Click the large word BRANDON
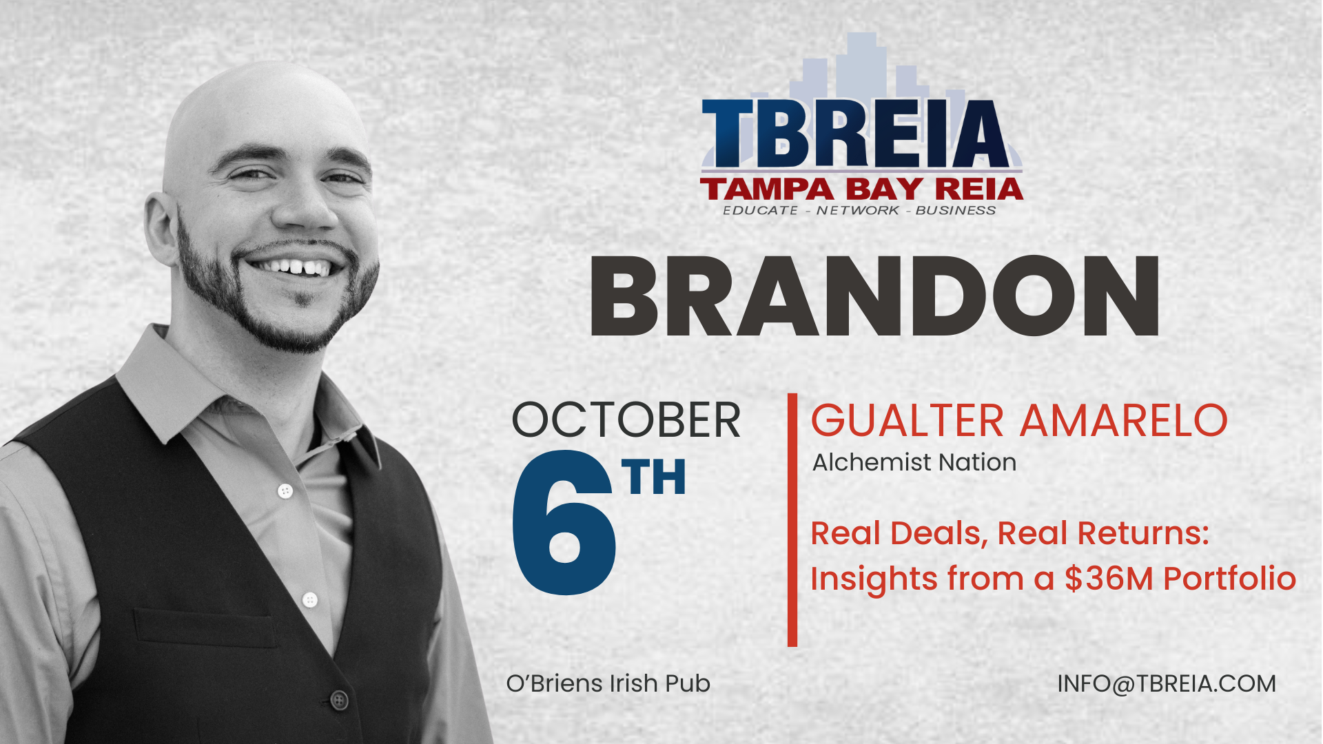(x=874, y=296)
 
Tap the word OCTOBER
(x=626, y=420)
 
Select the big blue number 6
(x=563, y=523)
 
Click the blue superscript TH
(x=653, y=477)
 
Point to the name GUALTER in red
(x=907, y=420)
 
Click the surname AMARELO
(x=1124, y=420)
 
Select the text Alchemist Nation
(x=914, y=462)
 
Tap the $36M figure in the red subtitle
(x=1109, y=578)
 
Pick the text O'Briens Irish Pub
(x=608, y=683)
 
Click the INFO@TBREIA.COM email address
(x=1167, y=683)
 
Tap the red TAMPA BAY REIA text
(x=861, y=189)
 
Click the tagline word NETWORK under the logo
(x=858, y=210)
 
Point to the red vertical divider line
(x=792, y=520)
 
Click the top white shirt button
(x=285, y=491)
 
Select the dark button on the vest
(x=339, y=700)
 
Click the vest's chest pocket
(x=207, y=628)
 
